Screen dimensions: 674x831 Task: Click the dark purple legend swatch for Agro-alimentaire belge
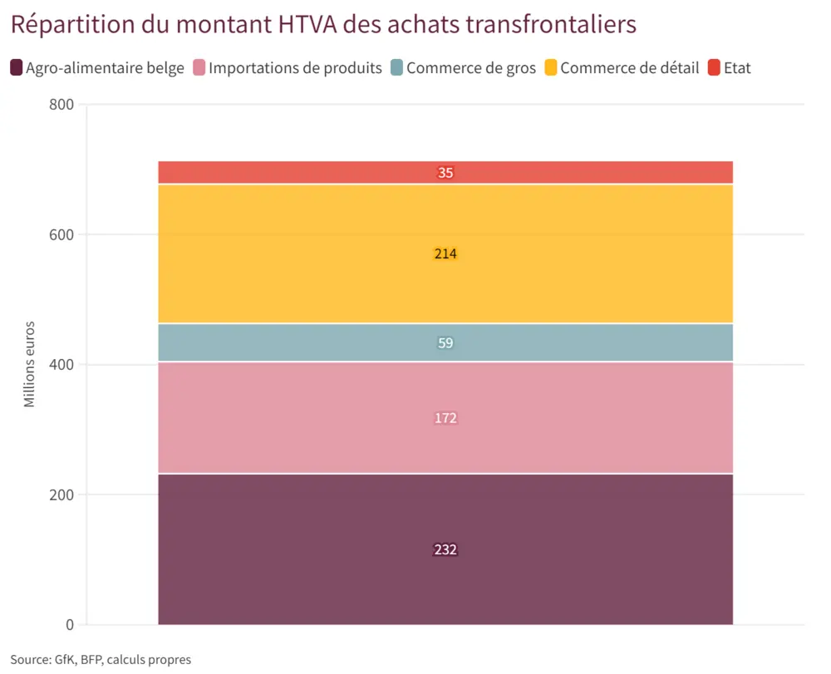coord(17,67)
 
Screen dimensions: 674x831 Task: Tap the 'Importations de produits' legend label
coord(295,67)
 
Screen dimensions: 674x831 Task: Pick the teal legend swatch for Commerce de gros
coord(396,67)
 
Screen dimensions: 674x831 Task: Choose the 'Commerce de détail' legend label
coord(629,67)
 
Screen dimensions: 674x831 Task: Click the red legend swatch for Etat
coord(714,67)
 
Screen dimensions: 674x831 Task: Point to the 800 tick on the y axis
coord(61,105)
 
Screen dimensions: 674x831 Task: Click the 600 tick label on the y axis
coord(61,234)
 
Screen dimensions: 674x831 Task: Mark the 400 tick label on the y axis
coord(61,365)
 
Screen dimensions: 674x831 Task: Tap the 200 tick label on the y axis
coord(61,494)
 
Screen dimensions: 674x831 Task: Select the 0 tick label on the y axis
coord(70,625)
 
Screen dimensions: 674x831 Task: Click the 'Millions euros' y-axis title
coord(29,364)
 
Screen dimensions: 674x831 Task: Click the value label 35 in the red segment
coord(445,173)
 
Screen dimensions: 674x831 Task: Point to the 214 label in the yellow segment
coord(445,253)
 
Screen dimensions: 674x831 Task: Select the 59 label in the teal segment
coord(445,342)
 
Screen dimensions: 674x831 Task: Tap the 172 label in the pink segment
coord(445,418)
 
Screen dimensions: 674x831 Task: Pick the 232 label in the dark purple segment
coord(445,549)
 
